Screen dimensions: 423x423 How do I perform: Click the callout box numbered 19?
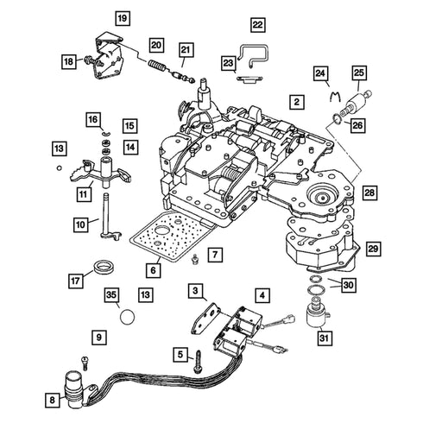123,19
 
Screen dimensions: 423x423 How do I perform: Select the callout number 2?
297,102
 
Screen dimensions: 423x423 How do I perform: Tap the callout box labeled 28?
369,193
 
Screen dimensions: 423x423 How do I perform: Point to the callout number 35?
111,294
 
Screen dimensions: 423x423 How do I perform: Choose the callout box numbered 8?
52,400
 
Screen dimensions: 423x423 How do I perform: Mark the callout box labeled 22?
257,25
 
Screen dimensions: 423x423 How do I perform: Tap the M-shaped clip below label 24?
335,96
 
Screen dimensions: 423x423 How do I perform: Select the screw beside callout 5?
199,362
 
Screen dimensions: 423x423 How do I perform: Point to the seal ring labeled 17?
105,267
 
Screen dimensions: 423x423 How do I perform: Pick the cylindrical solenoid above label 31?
318,314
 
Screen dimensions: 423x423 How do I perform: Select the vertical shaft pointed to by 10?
108,217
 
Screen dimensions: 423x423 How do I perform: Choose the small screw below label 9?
85,363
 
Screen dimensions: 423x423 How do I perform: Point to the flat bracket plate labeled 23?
249,79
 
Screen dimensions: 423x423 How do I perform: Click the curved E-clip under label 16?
106,133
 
